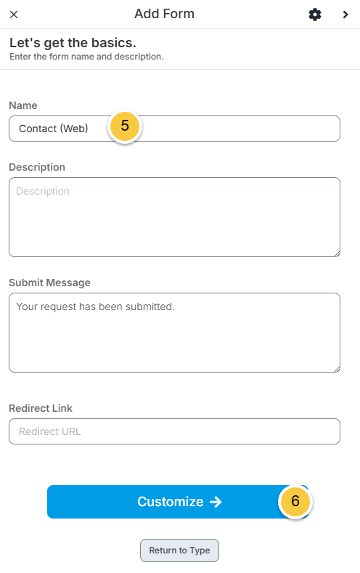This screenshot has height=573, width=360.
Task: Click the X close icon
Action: pos(14,15)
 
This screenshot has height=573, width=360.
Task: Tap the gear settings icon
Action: pos(315,15)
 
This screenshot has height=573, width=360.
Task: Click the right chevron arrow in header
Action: pos(345,15)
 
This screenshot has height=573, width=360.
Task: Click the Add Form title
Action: pos(164,14)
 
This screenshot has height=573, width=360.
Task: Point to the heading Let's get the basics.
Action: pos(73,43)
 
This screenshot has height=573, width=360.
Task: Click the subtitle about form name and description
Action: pos(86,57)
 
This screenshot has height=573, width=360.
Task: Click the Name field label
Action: pos(23,105)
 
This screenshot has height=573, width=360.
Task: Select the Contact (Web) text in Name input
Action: pos(53,129)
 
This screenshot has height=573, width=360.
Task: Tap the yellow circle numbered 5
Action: pos(125,126)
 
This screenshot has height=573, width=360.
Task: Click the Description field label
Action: pos(37,167)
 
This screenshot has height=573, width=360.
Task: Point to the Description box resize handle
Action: pos(337,253)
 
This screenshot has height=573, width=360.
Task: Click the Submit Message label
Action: pos(49,283)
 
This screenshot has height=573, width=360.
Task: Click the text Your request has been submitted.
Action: pos(95,306)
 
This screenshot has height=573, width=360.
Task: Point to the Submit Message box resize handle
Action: pos(337,369)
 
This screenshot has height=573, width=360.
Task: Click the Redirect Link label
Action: pos(41,408)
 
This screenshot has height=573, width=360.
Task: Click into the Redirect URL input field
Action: pos(174,431)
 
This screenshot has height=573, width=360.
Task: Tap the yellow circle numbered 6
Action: pos(295,501)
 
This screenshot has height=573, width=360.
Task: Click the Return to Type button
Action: pos(179,550)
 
